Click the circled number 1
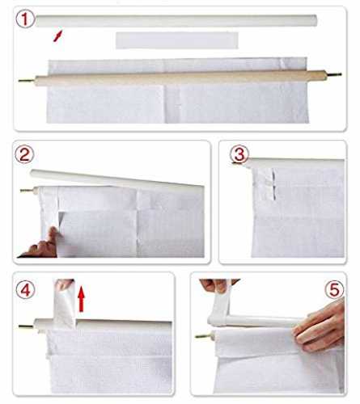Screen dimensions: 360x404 click(x=25, y=19)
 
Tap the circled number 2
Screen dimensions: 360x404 click(x=24, y=155)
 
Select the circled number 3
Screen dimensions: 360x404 click(x=239, y=154)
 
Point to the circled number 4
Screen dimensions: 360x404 click(x=26, y=291)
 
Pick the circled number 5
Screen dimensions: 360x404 click(x=334, y=289)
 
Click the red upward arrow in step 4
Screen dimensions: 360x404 click(x=81, y=299)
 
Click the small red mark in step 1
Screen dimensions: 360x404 click(x=57, y=36)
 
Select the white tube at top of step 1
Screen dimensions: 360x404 click(x=176, y=20)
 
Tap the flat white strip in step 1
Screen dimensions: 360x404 click(x=177, y=40)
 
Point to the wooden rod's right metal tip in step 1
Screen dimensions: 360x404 click(x=333, y=74)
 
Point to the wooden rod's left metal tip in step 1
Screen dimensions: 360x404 click(x=27, y=80)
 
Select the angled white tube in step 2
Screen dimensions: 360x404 click(x=116, y=179)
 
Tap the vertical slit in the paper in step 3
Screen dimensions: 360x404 click(x=273, y=184)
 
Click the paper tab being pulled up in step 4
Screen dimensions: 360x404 click(x=64, y=305)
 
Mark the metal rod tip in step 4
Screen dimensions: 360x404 click(x=26, y=326)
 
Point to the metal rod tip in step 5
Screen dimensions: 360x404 click(x=204, y=336)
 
